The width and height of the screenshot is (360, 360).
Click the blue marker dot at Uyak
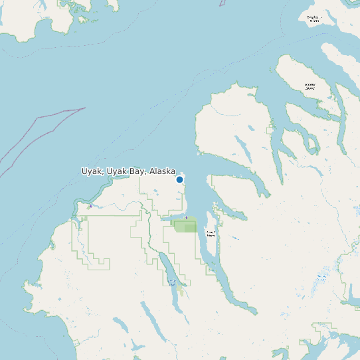coord(179,179)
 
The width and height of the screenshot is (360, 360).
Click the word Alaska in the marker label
coord(162,171)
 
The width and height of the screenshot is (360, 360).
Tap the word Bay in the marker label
coord(137,171)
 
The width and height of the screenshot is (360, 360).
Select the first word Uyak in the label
coord(92,171)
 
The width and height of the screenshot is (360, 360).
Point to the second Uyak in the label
coord(117,171)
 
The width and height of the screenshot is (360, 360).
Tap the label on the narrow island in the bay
coord(211,234)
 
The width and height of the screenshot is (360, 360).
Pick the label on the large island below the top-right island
coord(310,86)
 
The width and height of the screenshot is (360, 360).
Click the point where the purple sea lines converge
coord(85,108)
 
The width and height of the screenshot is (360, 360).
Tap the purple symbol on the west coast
coord(90,207)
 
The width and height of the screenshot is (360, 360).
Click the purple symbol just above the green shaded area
coord(187,218)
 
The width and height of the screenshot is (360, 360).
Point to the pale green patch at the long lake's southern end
coord(181,291)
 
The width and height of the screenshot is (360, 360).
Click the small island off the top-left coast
coord(83,19)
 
